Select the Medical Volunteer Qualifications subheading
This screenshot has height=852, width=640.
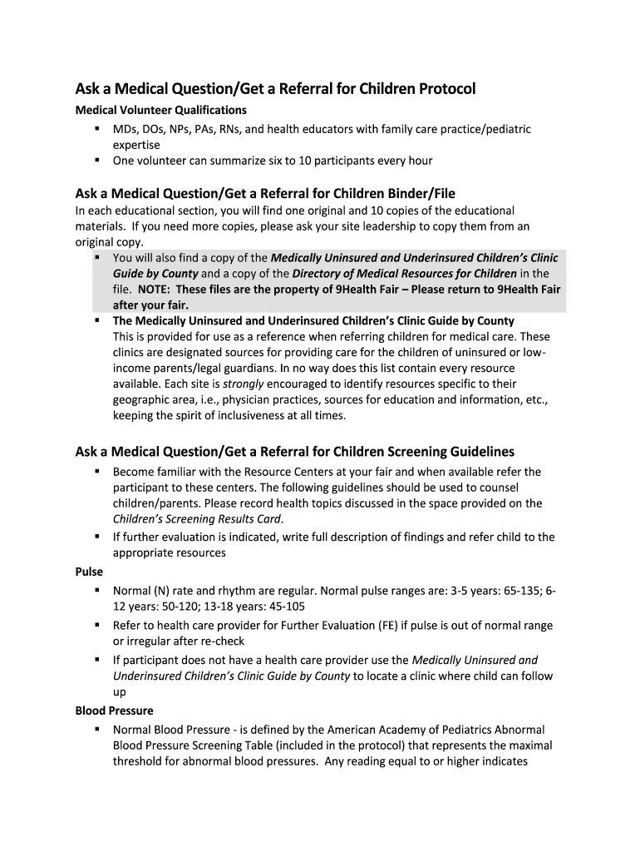point(160,110)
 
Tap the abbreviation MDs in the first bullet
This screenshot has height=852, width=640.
point(126,129)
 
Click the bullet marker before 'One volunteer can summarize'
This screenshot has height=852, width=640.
point(97,160)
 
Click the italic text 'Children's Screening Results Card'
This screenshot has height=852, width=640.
point(197,518)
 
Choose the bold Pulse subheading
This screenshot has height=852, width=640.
point(89,572)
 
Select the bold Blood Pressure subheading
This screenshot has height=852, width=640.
point(114,711)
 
